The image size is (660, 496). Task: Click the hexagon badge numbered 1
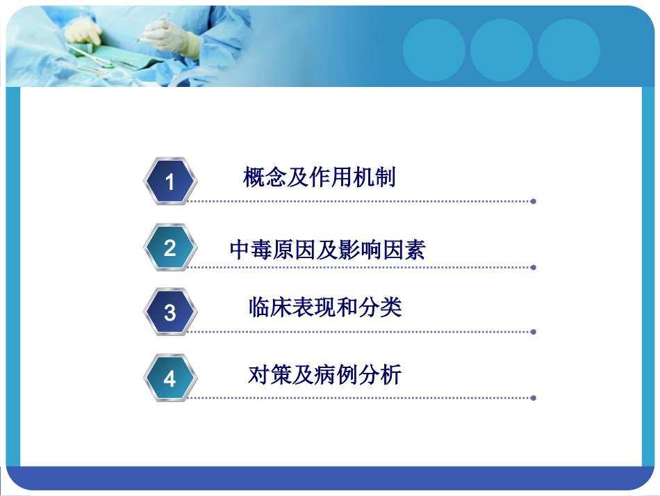(x=170, y=182)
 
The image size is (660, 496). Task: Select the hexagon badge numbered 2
(x=170, y=248)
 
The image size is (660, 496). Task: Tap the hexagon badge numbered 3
(x=170, y=313)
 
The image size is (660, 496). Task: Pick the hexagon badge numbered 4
(x=170, y=379)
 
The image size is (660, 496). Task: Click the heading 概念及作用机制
(x=320, y=178)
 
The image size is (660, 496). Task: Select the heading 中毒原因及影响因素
(x=327, y=250)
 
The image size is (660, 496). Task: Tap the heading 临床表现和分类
(x=325, y=307)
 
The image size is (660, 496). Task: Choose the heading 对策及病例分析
(x=325, y=376)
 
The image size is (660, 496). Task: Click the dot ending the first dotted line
(x=533, y=201)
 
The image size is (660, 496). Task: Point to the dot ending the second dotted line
(x=533, y=267)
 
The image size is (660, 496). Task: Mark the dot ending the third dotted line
(x=533, y=332)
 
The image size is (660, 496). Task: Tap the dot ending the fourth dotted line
(x=533, y=398)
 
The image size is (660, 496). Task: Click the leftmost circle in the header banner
(x=434, y=50)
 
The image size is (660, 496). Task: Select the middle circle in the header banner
(x=501, y=50)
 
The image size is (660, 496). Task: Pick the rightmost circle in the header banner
(x=568, y=50)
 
